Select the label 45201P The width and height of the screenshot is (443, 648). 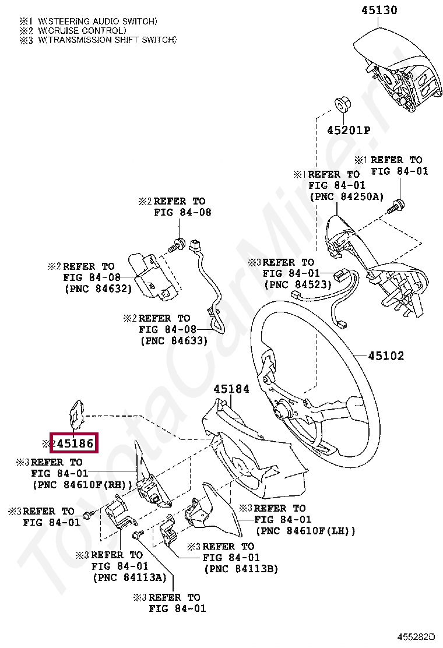[x=348, y=130]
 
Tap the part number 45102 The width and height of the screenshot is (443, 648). [x=386, y=355]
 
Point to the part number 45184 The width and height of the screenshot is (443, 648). [x=231, y=389]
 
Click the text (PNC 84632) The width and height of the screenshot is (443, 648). [x=97, y=288]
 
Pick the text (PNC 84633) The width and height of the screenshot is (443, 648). [x=174, y=341]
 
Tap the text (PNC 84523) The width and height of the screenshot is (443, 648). [x=297, y=284]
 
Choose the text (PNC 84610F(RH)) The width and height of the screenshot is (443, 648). [x=82, y=484]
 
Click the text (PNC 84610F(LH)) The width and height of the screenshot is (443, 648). [x=305, y=531]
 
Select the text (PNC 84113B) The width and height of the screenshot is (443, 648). [x=241, y=569]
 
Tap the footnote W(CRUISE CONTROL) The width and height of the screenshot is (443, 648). [x=82, y=30]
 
